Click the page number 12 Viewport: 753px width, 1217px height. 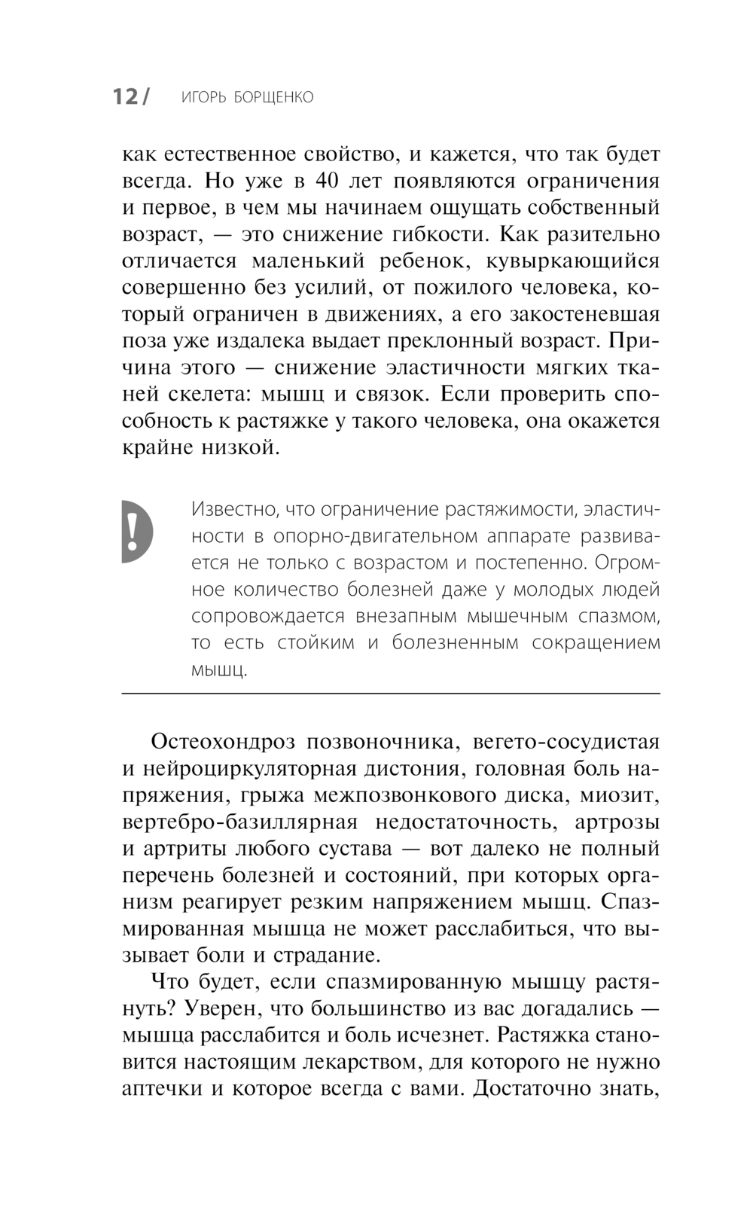point(126,97)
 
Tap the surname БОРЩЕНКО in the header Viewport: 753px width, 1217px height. point(273,98)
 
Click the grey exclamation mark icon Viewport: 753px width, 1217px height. point(135,531)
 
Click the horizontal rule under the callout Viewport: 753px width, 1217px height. point(390,692)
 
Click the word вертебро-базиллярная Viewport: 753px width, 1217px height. point(240,822)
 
